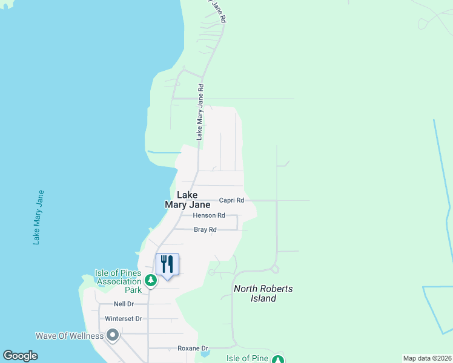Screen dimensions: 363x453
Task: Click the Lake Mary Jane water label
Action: (39, 217)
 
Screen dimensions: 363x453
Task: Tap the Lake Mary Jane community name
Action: (187, 200)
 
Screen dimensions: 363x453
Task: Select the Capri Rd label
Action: (231, 200)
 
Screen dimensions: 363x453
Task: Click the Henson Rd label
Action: (209, 215)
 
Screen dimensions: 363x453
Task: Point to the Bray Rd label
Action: (205, 230)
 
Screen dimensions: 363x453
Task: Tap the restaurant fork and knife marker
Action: (167, 264)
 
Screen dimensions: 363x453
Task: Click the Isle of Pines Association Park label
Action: (118, 281)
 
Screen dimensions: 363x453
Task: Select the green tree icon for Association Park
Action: (150, 280)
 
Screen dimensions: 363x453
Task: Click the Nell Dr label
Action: (124, 304)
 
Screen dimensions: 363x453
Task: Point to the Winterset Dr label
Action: (124, 318)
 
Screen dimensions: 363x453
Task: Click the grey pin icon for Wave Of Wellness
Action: (113, 335)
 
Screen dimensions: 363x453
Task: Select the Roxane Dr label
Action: (193, 348)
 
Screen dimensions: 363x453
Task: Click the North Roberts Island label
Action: (263, 293)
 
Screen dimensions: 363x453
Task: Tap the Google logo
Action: (20, 356)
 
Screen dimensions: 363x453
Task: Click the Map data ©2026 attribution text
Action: (427, 358)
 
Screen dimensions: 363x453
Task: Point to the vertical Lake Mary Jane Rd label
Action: (200, 113)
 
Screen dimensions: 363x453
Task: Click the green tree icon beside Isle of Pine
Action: (277, 360)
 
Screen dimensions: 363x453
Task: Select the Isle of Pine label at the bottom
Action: (247, 358)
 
